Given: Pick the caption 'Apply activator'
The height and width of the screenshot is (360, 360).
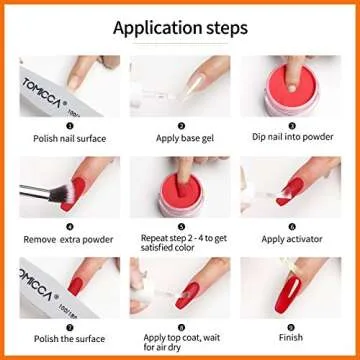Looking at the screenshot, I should tap(292, 240).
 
